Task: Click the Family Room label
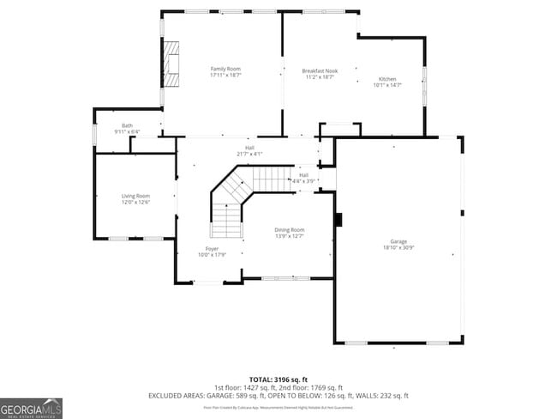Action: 226,69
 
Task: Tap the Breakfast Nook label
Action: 320,71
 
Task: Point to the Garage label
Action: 399,241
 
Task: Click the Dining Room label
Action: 290,229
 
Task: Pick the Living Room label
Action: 135,196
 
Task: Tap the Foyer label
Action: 212,248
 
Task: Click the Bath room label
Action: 127,126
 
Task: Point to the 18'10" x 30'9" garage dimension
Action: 399,248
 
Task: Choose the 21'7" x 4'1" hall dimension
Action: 249,154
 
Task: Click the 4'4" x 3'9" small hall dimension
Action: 303,181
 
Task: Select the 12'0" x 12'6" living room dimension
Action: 135,203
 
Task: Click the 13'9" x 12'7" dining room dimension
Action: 290,236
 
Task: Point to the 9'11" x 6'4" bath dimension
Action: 127,132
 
